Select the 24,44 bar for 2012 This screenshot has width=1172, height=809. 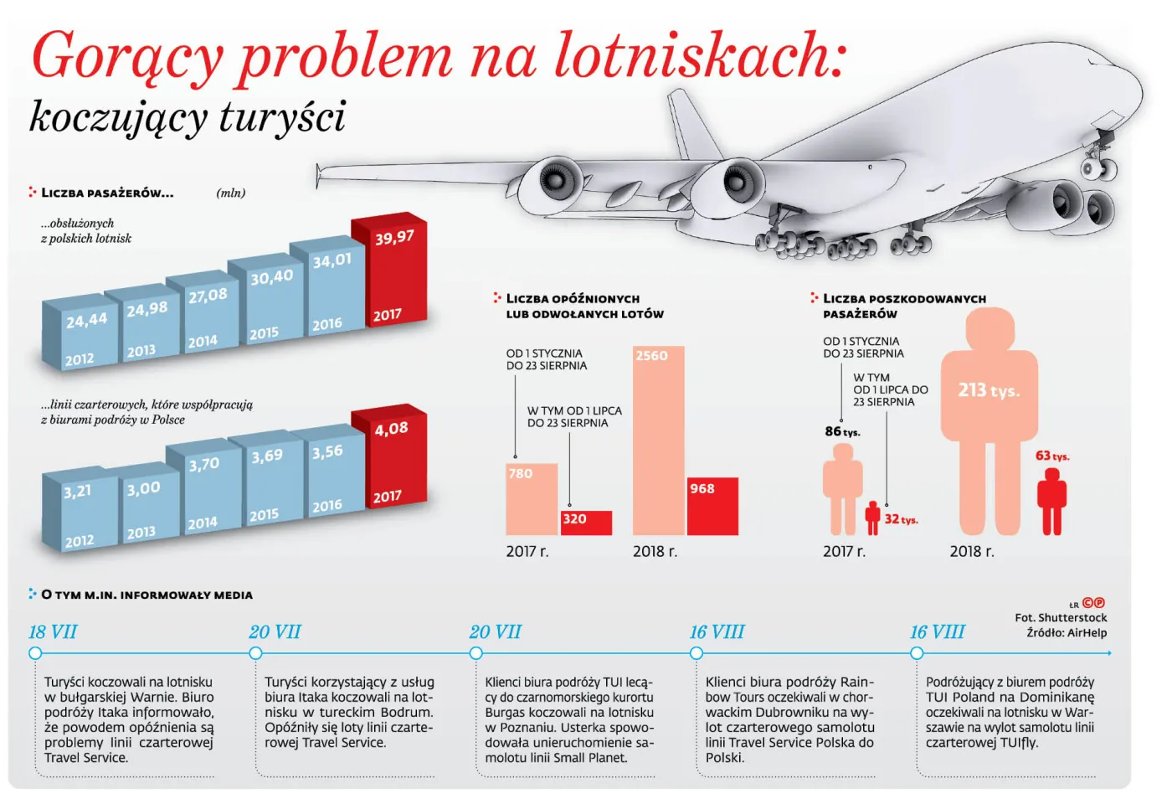80,334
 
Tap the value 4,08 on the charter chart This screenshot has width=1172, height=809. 391,430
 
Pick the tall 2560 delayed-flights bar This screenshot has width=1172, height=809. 658,441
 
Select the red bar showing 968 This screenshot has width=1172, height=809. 712,506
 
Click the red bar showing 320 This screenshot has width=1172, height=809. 586,523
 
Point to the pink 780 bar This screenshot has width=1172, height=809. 532,499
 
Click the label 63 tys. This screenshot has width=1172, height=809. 1052,456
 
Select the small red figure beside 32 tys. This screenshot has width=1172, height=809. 872,518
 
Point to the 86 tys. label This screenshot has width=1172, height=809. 842,431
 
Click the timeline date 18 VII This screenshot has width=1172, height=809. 53,632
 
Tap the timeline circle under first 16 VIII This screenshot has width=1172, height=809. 697,653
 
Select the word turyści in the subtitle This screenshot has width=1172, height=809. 282,116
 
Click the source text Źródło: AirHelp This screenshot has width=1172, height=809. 1067,632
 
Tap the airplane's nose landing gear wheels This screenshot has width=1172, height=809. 1098,168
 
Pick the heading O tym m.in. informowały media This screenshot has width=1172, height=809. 146,595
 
